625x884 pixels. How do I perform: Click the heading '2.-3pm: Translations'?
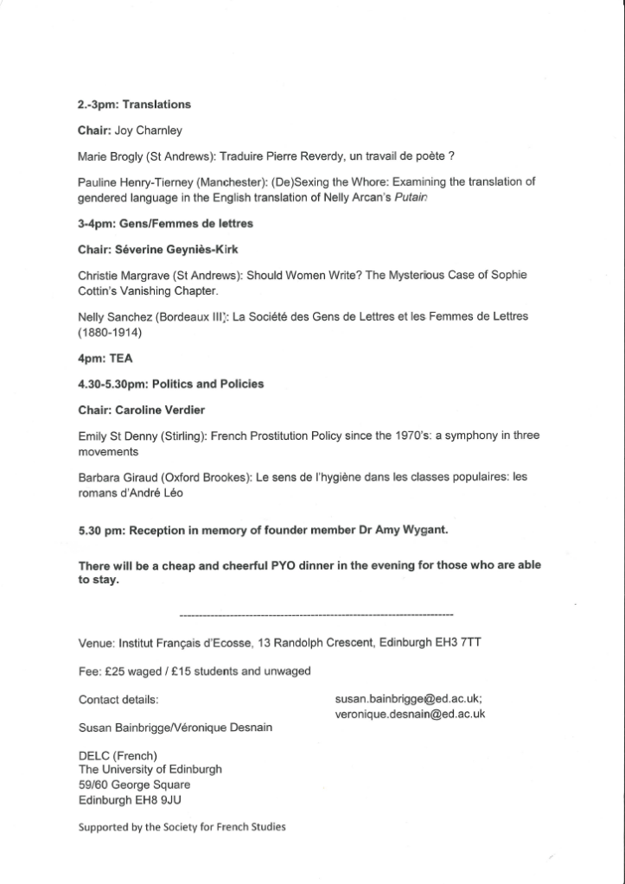click(134, 105)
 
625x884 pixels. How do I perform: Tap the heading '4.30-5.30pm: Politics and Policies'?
click(171, 383)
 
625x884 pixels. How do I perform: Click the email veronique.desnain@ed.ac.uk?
click(410, 714)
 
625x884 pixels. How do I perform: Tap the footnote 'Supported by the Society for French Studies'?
click(182, 827)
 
